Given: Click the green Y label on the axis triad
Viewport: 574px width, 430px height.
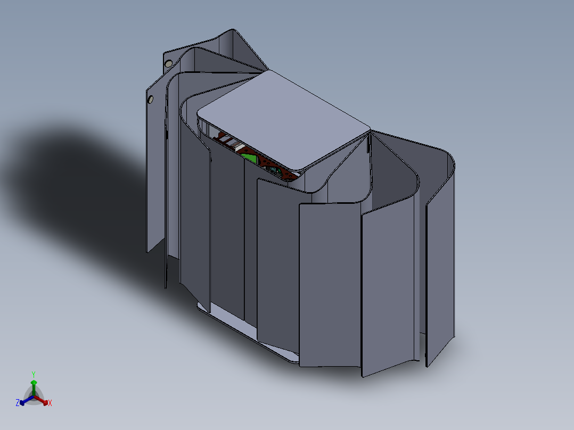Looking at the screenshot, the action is click(x=34, y=374).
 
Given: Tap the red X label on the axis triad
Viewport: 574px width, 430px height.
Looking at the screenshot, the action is click(x=50, y=403).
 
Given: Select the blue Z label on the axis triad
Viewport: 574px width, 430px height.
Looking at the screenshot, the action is click(x=18, y=402).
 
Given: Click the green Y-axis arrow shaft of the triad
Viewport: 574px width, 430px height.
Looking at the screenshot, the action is click(x=34, y=388).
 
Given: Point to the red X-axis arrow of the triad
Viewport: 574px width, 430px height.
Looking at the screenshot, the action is click(x=41, y=400).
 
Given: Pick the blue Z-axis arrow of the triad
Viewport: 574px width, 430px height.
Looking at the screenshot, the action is click(x=27, y=400).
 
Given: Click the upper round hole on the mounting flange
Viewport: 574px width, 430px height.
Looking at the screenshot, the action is click(x=168, y=64).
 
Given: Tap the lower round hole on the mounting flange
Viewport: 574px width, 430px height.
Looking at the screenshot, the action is click(x=151, y=99).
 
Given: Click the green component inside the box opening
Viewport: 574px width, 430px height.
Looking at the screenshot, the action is click(x=250, y=159).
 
